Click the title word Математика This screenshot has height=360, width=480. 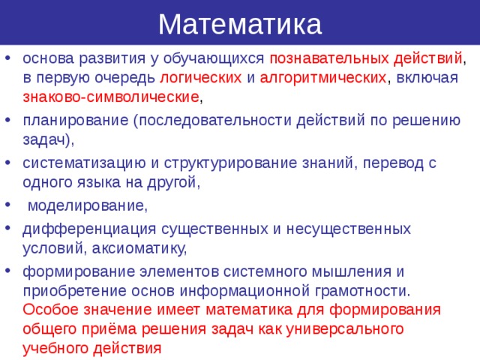tap(240, 24)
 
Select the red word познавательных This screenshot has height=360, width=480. tap(328, 58)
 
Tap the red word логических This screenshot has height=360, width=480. tap(199, 77)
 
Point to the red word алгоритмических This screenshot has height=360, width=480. tap(322, 77)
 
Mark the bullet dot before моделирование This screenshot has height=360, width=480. tap(7, 205)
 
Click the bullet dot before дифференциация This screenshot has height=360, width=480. tap(7, 228)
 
